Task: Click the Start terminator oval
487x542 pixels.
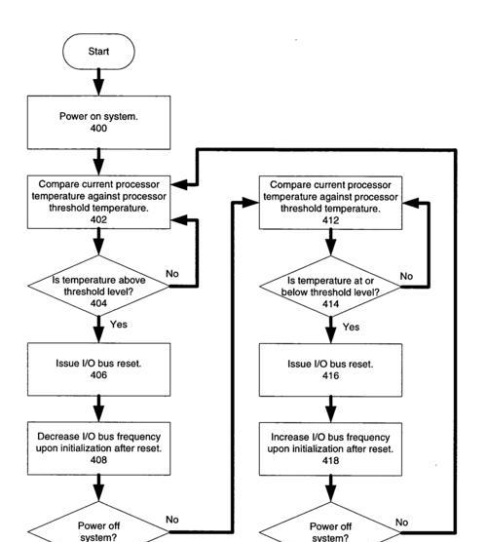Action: (x=98, y=52)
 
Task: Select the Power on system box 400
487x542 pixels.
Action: (x=98, y=123)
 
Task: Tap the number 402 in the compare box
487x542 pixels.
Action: (x=98, y=219)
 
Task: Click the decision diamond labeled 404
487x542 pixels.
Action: (x=98, y=286)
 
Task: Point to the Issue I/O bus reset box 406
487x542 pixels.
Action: (x=98, y=369)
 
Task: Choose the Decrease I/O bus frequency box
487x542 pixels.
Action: (x=98, y=448)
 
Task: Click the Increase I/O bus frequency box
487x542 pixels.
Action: (x=330, y=449)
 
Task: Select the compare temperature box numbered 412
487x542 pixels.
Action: (x=330, y=203)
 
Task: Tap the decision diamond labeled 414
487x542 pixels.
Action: (x=330, y=287)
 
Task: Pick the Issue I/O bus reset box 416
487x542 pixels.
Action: (x=330, y=369)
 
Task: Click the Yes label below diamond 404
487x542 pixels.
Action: (x=119, y=325)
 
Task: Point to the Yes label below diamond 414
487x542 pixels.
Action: (x=351, y=327)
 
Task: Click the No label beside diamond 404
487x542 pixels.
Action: (x=172, y=274)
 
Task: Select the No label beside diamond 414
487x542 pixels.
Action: (x=406, y=276)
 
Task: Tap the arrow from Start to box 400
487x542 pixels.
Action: (x=98, y=82)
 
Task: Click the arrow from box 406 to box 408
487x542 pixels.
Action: (x=98, y=408)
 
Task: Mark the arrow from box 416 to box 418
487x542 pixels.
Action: (x=330, y=409)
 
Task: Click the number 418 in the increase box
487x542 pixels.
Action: (x=330, y=460)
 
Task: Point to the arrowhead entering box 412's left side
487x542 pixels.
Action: (x=250, y=203)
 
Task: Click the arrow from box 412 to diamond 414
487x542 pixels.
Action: (x=330, y=243)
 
